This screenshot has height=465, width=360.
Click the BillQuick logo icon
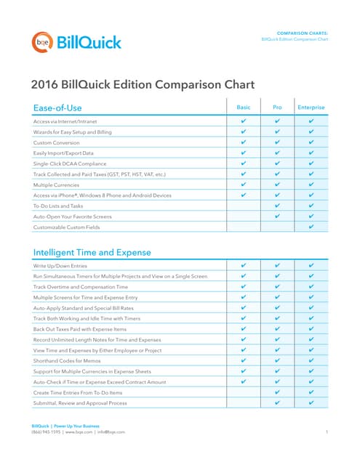click(41, 41)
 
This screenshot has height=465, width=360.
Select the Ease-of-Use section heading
click(57, 108)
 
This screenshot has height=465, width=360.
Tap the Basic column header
click(244, 108)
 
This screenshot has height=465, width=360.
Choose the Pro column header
click(277, 108)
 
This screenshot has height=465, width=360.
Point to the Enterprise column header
click(311, 108)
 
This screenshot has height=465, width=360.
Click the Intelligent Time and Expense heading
click(92, 252)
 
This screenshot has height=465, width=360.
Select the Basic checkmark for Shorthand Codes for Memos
click(244, 361)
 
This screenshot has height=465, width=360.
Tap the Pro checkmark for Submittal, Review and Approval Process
click(277, 403)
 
